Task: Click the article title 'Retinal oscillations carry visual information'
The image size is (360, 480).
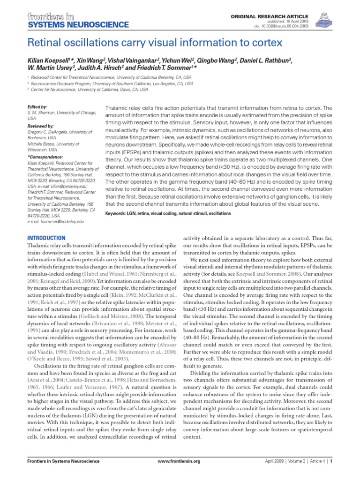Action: [155, 43]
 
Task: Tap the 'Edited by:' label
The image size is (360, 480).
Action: [37, 107]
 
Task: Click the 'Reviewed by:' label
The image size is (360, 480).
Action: [41, 127]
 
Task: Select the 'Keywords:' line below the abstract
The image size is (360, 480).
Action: [169, 213]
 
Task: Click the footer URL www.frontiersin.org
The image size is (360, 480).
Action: [180, 474]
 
